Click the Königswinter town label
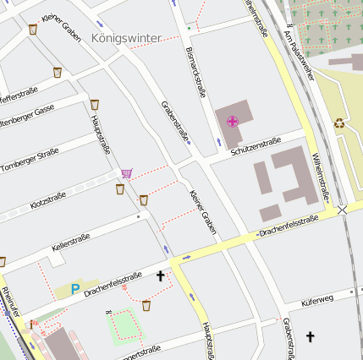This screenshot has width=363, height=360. pos(126,38)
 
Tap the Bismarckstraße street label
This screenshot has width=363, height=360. pos(195,72)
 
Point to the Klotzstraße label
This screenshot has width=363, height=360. pos(47,200)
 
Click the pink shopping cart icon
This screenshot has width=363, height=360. pos(126,173)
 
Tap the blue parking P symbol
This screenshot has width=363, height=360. pos(74,289)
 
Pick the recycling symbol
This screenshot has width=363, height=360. pos(339,122)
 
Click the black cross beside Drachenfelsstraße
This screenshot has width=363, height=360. pos(160,275)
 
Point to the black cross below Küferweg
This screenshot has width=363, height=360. pos(310,336)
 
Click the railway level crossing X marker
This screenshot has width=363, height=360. pos(342,208)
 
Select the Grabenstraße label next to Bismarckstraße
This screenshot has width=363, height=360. pos(175,122)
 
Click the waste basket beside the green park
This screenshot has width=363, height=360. pos(146,304)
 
